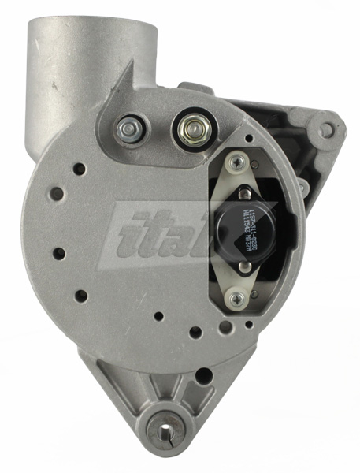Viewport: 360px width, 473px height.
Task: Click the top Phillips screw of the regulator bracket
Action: [x=236, y=164]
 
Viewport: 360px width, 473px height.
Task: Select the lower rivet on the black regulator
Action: [x=246, y=266]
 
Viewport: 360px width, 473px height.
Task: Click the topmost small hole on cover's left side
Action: [x=79, y=168]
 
